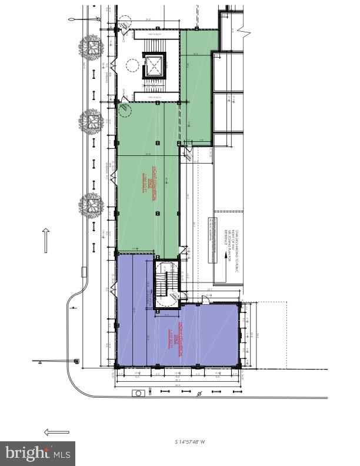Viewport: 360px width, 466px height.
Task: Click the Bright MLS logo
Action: [x=38, y=453]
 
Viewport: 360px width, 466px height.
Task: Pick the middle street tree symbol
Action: [x=91, y=122]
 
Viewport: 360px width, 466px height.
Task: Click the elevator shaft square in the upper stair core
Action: [x=154, y=65]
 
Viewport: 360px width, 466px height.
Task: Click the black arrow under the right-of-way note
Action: [x=224, y=262]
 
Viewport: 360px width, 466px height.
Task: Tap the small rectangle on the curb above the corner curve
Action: [x=83, y=271]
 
